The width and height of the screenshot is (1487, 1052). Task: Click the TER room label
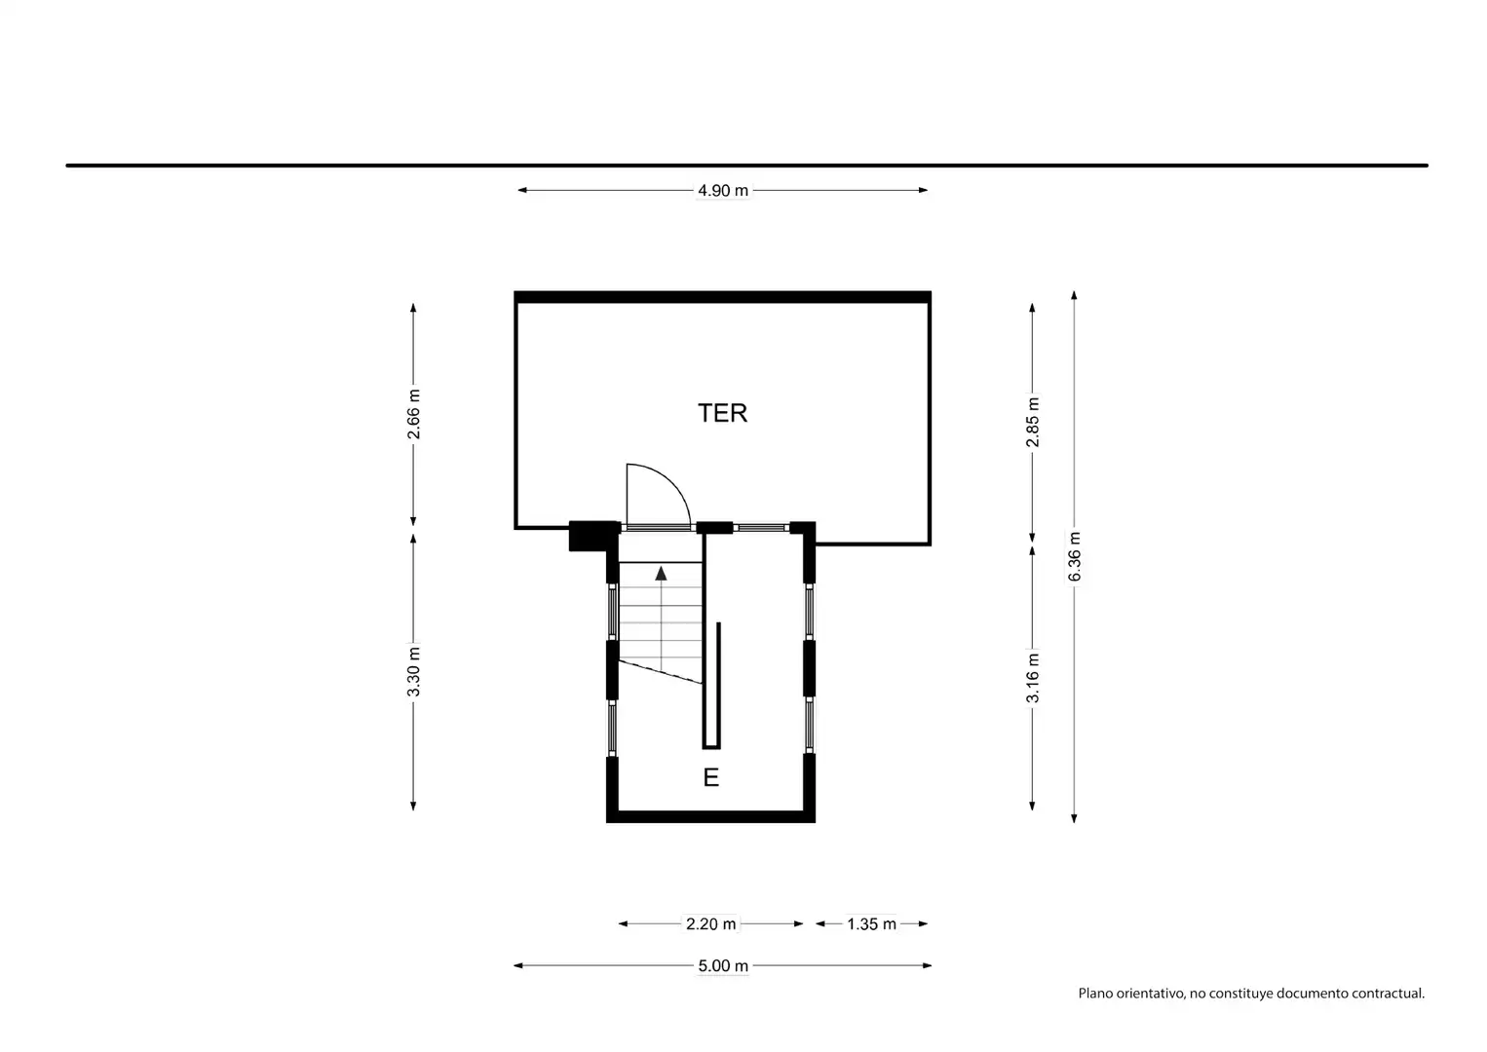[722, 413]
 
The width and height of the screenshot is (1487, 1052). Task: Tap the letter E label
[711, 777]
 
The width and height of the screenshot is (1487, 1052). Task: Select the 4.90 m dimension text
[722, 191]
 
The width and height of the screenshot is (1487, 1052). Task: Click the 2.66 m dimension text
[413, 414]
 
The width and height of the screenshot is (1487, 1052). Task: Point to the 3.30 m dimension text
[413, 672]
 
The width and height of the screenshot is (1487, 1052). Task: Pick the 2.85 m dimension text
[1032, 422]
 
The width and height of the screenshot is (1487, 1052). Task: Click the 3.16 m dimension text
[1032, 678]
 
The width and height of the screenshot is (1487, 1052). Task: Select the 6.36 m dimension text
[1074, 556]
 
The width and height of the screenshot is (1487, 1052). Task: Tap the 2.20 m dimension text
[710, 923]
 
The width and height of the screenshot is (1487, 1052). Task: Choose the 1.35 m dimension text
[871, 923]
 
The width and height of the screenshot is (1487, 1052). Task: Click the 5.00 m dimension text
[723, 965]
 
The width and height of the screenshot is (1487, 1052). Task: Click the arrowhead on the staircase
[662, 574]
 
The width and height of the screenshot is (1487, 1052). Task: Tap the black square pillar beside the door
[593, 536]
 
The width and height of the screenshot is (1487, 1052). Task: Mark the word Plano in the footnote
[1095, 994]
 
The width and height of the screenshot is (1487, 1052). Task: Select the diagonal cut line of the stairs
[661, 672]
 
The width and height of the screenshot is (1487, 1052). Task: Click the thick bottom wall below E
[710, 817]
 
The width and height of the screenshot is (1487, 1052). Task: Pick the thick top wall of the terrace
[722, 297]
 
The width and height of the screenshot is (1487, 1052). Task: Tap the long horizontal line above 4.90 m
[746, 166]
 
